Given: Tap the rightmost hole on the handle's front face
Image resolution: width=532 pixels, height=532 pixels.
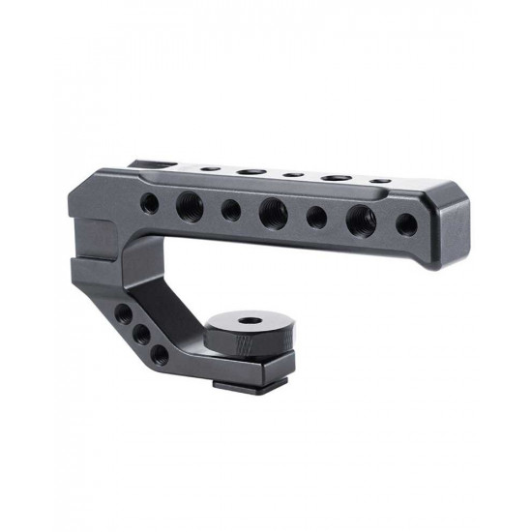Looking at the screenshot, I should [x=408, y=223].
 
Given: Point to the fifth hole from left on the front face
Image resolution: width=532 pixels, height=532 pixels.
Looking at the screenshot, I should [x=316, y=215].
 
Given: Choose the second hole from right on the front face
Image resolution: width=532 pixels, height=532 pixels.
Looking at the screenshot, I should [x=362, y=219].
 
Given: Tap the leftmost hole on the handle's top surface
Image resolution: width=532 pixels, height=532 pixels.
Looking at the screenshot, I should [x=207, y=168].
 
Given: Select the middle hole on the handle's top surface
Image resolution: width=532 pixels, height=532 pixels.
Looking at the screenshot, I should [x=291, y=175].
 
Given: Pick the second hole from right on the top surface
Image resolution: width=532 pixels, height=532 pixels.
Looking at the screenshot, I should [x=336, y=178].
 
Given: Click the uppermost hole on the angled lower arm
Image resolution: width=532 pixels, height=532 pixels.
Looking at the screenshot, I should [x=123, y=314].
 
